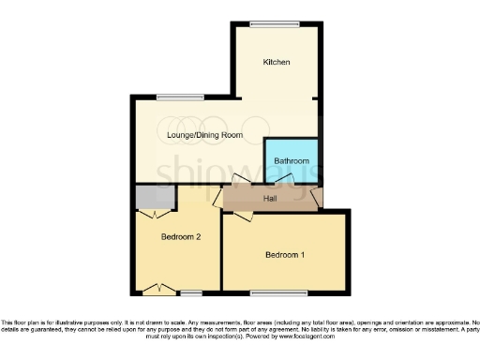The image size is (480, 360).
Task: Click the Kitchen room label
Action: (x=276, y=62)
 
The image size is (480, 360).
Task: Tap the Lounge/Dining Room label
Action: (x=205, y=135)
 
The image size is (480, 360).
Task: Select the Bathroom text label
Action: (x=291, y=161)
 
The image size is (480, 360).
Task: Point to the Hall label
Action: (x=269, y=199)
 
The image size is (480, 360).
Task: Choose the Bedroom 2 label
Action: (x=181, y=237)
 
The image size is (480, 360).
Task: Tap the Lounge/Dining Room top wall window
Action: (x=179, y=97)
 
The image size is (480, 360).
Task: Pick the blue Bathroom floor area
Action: (x=292, y=150)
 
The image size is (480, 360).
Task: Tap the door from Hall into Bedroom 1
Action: (x=242, y=216)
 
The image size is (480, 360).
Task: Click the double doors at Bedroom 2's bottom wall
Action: (x=163, y=287)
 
